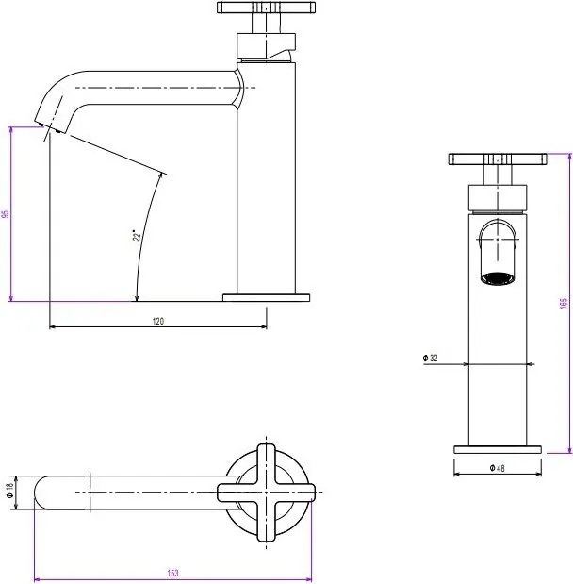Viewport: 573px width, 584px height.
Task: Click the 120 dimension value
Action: (x=158, y=322)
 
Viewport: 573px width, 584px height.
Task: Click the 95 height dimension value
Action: (x=6, y=214)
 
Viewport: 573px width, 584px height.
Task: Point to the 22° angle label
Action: (x=137, y=236)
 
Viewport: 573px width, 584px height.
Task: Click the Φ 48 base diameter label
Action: (x=499, y=467)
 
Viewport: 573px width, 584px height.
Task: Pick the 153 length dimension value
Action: (x=174, y=573)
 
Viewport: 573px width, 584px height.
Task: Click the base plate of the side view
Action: (x=267, y=297)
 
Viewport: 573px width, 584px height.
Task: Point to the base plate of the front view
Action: (x=499, y=449)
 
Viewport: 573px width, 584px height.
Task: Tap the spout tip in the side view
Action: (x=46, y=123)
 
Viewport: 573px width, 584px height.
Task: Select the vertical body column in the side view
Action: (x=267, y=189)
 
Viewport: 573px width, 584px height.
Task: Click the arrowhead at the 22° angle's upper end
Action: (x=163, y=174)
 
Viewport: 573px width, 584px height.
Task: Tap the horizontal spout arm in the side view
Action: (x=151, y=87)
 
